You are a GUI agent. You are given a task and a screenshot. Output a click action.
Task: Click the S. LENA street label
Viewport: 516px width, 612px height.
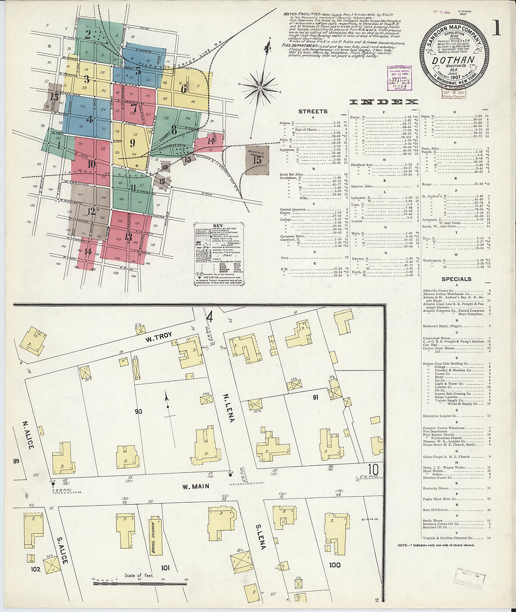tap(261, 533)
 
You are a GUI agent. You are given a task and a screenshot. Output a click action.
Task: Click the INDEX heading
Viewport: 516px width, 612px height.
tap(384, 102)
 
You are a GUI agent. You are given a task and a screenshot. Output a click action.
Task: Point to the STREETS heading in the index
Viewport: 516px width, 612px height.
tap(313, 111)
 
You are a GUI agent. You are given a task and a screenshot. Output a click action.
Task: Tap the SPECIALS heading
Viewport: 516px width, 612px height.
tap(456, 279)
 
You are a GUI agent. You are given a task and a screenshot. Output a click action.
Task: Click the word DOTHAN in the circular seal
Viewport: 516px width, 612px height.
tap(453, 60)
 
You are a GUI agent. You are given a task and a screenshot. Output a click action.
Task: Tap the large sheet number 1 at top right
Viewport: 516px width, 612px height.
tap(496, 29)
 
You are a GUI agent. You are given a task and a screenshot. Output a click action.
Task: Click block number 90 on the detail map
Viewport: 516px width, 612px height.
tap(138, 412)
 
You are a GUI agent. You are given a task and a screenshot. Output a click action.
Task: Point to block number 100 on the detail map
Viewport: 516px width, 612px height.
tap(334, 565)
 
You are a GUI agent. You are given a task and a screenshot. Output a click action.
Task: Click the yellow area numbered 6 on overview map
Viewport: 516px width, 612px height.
tap(183, 88)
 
